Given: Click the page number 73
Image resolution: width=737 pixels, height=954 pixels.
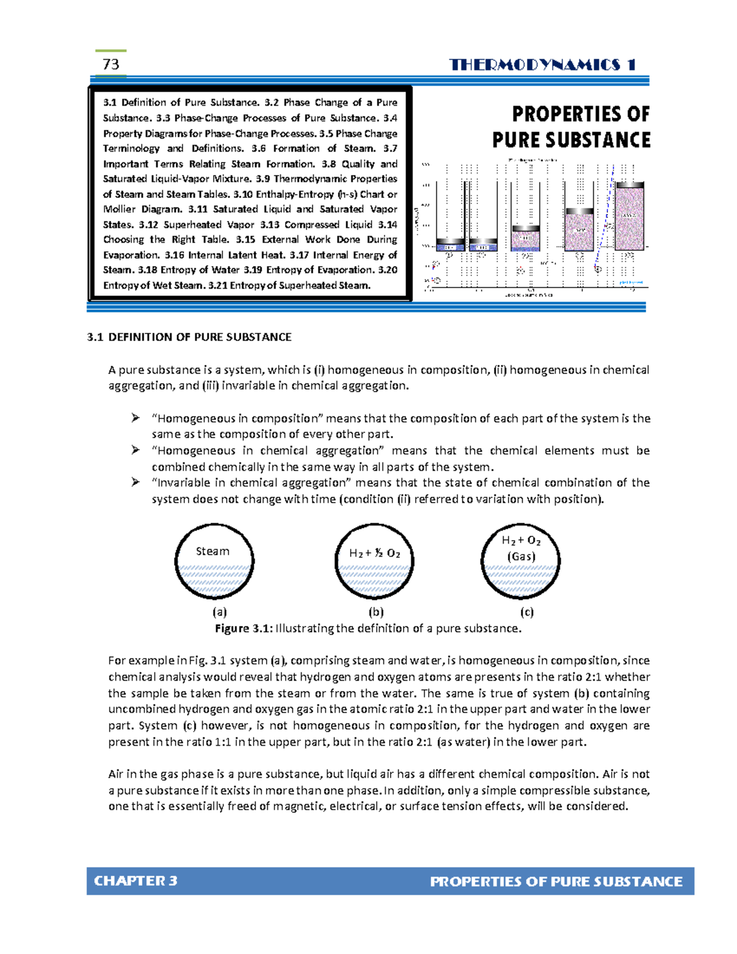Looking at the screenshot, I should [111, 65].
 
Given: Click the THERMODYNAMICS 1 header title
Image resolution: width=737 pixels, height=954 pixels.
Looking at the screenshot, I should [542, 65].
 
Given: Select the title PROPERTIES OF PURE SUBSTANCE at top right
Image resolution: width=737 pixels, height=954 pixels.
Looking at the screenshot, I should [571, 127].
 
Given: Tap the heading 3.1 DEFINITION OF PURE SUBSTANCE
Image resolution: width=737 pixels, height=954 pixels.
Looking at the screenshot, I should [189, 337].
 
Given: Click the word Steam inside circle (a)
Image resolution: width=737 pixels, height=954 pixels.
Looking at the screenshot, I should [213, 551].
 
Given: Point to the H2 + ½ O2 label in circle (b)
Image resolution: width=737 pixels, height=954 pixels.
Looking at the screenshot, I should [375, 553].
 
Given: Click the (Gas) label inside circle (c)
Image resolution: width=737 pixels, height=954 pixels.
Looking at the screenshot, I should [521, 557].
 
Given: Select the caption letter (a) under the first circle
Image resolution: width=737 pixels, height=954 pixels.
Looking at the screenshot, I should [219, 612].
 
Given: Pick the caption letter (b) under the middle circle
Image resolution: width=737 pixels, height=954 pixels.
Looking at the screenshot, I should [376, 612].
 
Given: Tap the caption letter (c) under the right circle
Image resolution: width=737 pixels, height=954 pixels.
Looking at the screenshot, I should [526, 612].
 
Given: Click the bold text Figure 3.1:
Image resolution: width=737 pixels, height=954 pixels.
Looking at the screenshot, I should [244, 628].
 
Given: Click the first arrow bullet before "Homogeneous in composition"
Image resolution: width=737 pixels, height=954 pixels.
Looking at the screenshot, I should [136, 418].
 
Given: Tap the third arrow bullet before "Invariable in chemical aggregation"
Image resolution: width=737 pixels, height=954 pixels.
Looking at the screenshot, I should [136, 482].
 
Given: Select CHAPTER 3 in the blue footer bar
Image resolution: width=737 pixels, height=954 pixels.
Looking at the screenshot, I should [135, 881].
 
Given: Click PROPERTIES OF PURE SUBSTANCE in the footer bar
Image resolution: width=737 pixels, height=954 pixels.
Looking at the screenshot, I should [556, 882].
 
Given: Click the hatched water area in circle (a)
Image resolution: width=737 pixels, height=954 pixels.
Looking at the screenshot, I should [214, 579].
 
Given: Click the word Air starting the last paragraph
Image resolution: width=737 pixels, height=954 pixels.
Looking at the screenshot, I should [116, 774].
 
